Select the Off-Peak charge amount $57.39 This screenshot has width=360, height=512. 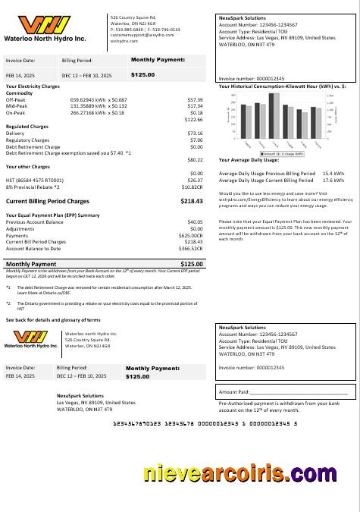click(x=195, y=99)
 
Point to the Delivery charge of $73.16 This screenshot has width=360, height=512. click(x=195, y=133)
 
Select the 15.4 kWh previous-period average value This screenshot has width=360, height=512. click(x=333, y=174)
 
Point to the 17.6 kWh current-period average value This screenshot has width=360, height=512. click(x=333, y=181)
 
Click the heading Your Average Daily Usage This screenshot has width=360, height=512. click(x=250, y=160)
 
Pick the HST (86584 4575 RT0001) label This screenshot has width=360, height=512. click(x=34, y=180)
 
